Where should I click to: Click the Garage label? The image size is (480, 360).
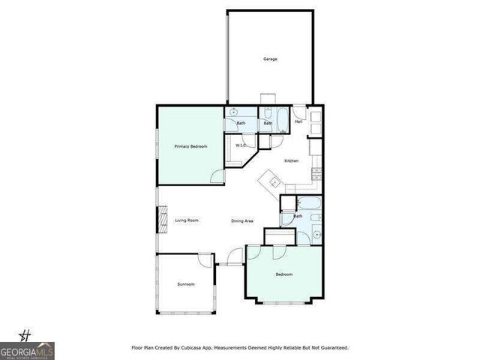point(270,58)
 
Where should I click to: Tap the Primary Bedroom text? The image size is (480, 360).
point(190,146)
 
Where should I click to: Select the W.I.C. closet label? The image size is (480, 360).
point(241,145)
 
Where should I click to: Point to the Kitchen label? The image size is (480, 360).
point(292,161)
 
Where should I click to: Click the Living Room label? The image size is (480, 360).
point(187,220)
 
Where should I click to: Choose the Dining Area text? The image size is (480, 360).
point(242,220)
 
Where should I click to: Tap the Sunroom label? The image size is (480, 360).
point(185,284)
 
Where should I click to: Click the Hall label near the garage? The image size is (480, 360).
point(298,121)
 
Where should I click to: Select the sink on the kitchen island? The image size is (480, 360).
point(273,181)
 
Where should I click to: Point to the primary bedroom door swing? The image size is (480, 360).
point(217,177)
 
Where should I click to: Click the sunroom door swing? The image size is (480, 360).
point(204,260)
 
